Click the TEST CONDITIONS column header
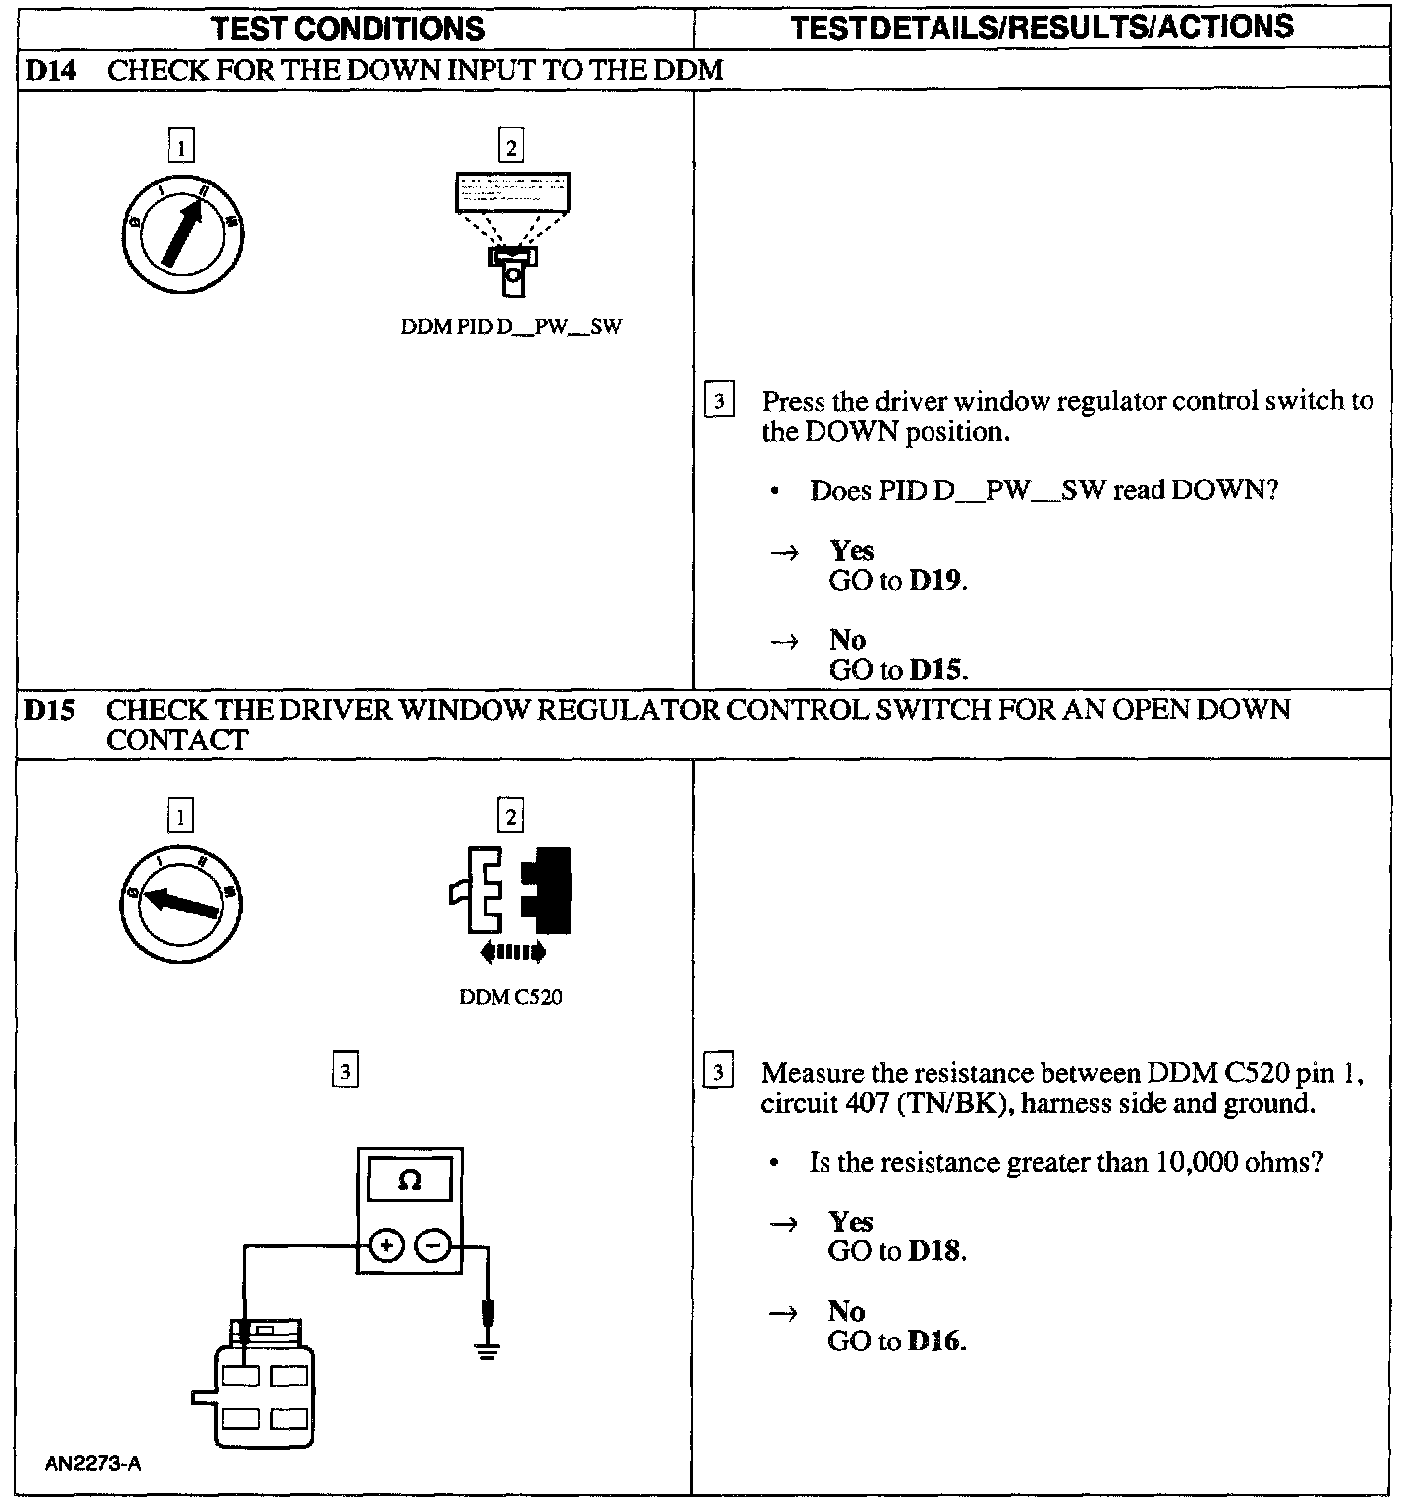tap(348, 28)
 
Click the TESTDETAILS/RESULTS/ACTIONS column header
tap(1042, 27)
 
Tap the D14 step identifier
tap(50, 70)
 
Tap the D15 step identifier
tap(50, 710)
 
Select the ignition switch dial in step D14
tap(183, 234)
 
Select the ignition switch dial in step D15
tap(181, 902)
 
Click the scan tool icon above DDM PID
tap(512, 232)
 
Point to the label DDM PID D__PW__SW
tap(511, 327)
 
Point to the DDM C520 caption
tap(510, 997)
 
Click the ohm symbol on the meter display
tap(408, 1181)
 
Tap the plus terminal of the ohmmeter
tap(387, 1245)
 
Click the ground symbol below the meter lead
tap(486, 1349)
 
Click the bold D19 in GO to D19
tap(935, 581)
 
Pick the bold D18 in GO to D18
tap(934, 1251)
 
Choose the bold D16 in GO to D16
tap(934, 1342)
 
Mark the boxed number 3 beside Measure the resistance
tap(718, 1073)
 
